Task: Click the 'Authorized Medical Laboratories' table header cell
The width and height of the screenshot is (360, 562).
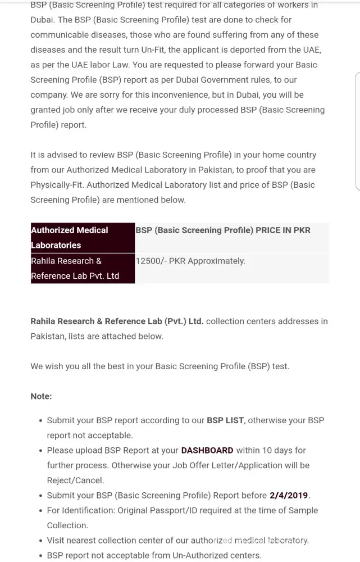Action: tap(83, 237)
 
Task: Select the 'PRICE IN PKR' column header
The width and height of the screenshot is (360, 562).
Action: tap(283, 230)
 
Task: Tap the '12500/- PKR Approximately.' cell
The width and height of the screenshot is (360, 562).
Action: tap(190, 261)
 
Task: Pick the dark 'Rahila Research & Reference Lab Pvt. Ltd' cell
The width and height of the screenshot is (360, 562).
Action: tap(83, 268)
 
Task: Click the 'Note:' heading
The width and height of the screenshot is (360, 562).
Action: tap(41, 396)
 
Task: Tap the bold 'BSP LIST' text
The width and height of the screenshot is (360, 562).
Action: tap(225, 420)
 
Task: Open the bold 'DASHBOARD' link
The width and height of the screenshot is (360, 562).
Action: tap(207, 450)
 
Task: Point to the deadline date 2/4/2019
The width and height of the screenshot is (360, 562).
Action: tap(289, 495)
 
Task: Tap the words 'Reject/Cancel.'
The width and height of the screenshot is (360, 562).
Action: tap(75, 481)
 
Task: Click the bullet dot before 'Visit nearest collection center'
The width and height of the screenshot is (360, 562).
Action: tap(40, 541)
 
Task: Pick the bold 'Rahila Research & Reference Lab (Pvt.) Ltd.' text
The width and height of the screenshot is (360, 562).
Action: tap(117, 321)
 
